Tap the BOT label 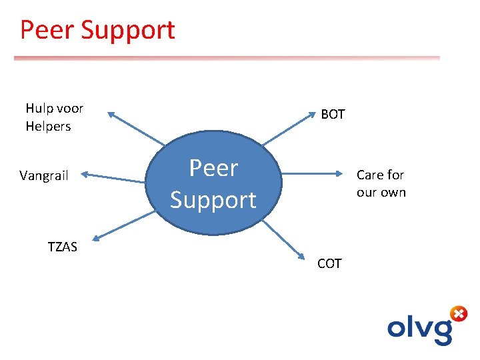pyautogui.click(x=333, y=115)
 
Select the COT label pyautogui.click(x=329, y=264)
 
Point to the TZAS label pyautogui.click(x=63, y=247)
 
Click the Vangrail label pyautogui.click(x=44, y=176)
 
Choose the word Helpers pyautogui.click(x=48, y=126)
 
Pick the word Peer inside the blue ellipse pyautogui.click(x=213, y=168)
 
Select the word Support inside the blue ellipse pyautogui.click(x=213, y=199)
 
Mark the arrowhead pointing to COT pyautogui.click(x=304, y=254)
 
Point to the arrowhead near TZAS pyautogui.click(x=98, y=236)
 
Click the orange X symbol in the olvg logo pyautogui.click(x=458, y=313)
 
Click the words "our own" pyautogui.click(x=381, y=193)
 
